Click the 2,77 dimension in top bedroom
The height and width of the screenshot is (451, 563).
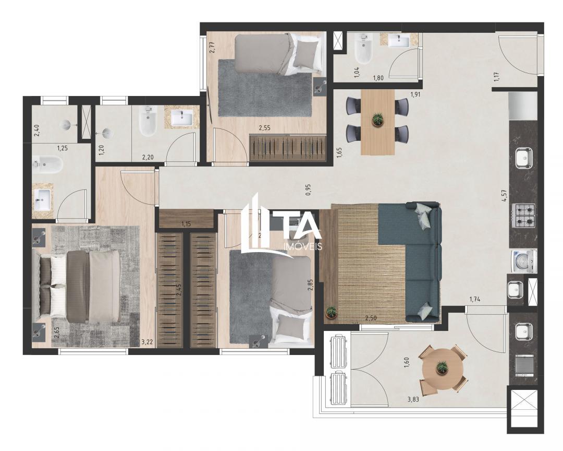(x=213, y=48)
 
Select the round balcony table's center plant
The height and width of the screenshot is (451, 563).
(x=442, y=366)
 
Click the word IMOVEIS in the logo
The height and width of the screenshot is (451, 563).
(x=301, y=246)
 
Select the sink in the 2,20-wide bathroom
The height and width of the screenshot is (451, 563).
(x=182, y=117)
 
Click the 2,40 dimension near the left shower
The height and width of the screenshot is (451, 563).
(x=36, y=129)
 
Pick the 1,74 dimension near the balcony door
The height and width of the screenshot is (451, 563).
(x=474, y=299)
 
